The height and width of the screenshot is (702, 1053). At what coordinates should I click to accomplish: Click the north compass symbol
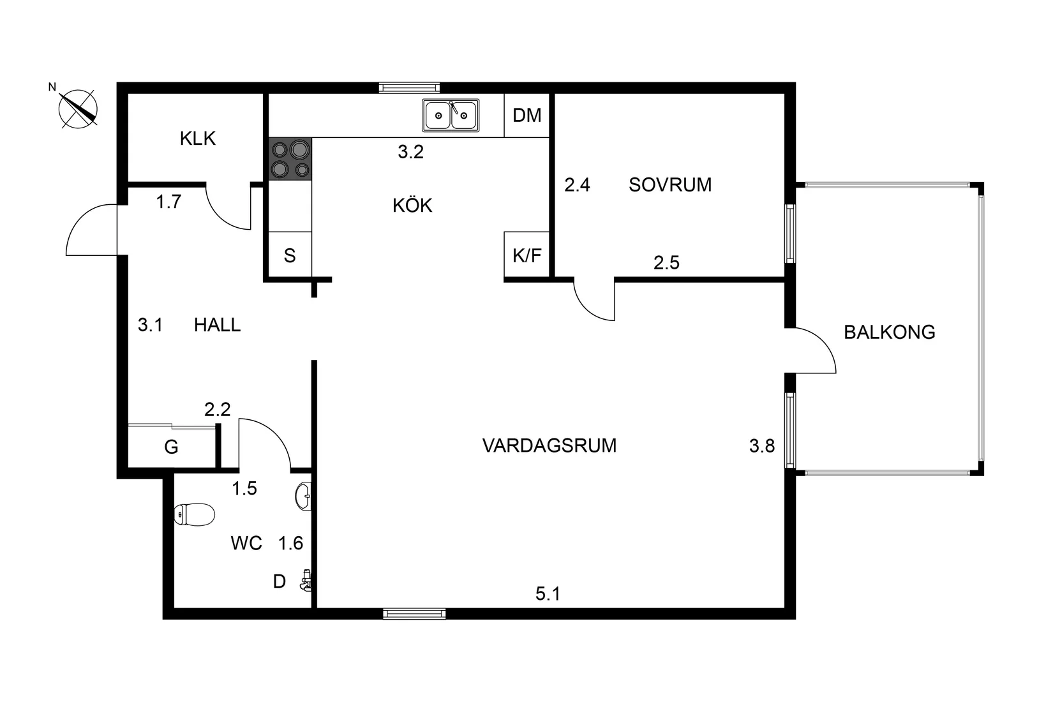tap(78, 108)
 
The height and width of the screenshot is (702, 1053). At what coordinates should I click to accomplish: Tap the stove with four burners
tap(290, 159)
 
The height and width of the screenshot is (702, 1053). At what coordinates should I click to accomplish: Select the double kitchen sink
tap(451, 116)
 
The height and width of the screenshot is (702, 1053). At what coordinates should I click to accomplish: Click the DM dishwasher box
tap(527, 116)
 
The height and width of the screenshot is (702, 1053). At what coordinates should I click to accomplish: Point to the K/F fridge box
tap(527, 255)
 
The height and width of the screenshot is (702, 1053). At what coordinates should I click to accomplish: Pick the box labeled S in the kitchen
tap(290, 256)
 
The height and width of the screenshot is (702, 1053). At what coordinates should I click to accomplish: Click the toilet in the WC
tap(195, 514)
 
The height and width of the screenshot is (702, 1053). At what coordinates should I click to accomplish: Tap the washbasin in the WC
tap(304, 495)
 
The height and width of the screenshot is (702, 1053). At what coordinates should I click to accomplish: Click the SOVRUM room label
tap(670, 185)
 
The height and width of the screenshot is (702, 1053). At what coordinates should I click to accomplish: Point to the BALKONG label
tap(889, 332)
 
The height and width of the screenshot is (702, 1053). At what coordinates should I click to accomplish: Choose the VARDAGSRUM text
tap(549, 445)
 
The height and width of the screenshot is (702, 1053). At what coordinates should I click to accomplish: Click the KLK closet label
tap(198, 138)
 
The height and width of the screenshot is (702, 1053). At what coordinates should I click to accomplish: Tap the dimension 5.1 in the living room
tap(548, 594)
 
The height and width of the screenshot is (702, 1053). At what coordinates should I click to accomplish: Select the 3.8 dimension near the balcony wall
tap(762, 446)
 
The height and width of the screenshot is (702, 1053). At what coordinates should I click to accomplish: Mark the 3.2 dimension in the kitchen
tap(410, 152)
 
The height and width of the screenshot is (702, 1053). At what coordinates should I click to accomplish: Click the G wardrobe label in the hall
tap(171, 447)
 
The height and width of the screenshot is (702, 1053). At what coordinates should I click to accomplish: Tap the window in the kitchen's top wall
tap(409, 87)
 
